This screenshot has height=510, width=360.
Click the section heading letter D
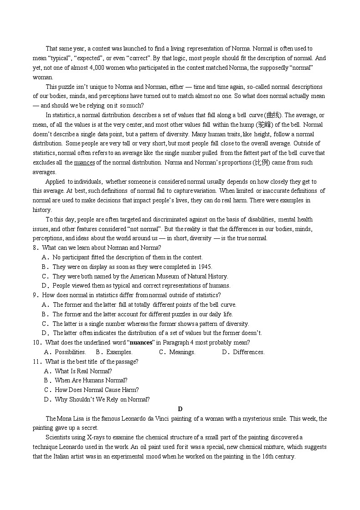point(180,409)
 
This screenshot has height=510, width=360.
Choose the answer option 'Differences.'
point(248,352)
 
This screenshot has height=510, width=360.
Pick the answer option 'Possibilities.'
point(70,352)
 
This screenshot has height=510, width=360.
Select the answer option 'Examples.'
point(119,352)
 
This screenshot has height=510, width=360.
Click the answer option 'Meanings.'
point(182,352)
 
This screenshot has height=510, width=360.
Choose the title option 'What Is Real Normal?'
point(83,371)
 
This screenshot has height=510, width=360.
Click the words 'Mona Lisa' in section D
point(71,419)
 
